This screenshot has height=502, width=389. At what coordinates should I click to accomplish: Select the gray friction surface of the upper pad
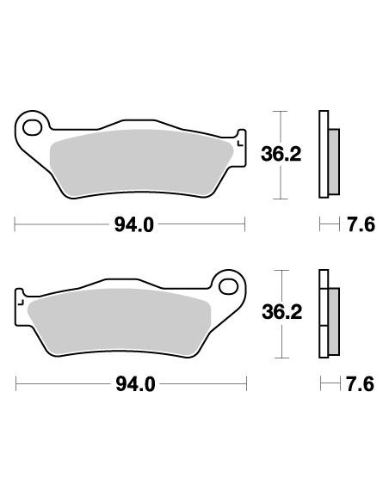[138, 159]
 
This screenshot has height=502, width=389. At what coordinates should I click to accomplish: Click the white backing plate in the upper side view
[324, 155]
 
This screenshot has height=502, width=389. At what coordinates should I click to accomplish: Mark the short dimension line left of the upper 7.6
[328, 226]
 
